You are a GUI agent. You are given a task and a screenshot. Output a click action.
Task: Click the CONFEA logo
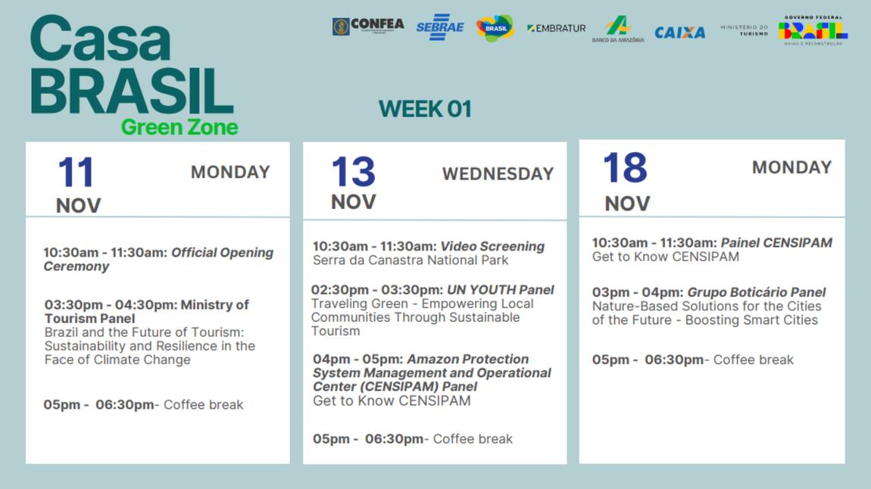pyautogui.click(x=368, y=26)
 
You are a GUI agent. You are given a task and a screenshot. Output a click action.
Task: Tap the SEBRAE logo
pyautogui.click(x=439, y=27)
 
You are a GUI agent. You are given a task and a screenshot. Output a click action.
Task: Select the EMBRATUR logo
pyautogui.click(x=556, y=28)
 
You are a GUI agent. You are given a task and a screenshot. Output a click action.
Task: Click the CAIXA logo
pyautogui.click(x=679, y=33)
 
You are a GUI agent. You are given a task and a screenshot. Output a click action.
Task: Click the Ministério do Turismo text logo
pyautogui.click(x=744, y=30)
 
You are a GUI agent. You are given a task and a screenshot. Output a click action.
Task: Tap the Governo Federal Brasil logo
pyautogui.click(x=813, y=30)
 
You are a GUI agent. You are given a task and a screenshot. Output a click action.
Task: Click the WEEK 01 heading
pyautogui.click(x=425, y=109)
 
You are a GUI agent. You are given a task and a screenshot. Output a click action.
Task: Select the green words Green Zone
pyautogui.click(x=180, y=126)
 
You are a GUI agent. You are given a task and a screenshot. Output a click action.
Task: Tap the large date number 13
pyautogui.click(x=353, y=172)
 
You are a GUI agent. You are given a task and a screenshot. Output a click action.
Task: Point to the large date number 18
pyautogui.click(x=625, y=168)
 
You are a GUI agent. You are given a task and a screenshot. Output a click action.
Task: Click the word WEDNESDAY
pyautogui.click(x=498, y=174)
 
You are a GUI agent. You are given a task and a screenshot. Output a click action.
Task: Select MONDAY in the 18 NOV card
pyautogui.click(x=791, y=167)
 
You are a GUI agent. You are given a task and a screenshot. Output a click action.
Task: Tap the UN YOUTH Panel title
pyautogui.click(x=500, y=290)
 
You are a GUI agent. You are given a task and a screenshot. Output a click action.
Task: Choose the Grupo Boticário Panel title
pyautogui.click(x=756, y=292)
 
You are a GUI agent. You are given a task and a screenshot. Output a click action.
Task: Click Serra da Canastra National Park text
pyautogui.click(x=411, y=260)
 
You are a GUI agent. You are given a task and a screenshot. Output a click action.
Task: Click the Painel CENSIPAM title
pyautogui.click(x=776, y=243)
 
